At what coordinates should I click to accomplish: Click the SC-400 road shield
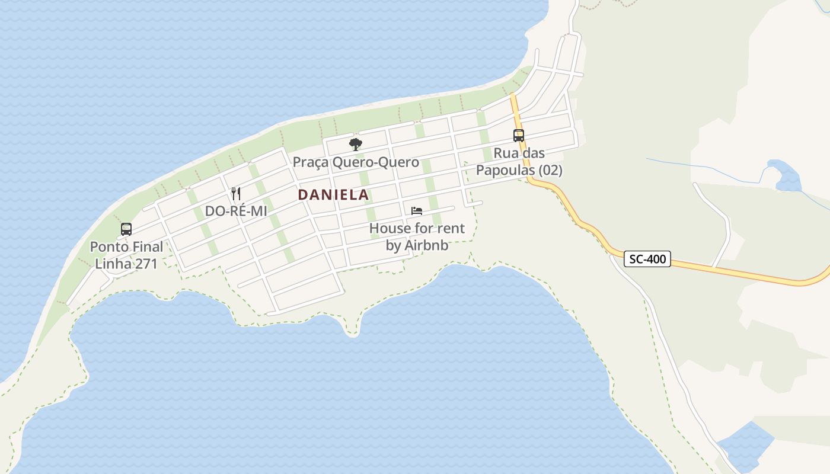coord(647,259)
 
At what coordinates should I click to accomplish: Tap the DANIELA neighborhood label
coord(333,194)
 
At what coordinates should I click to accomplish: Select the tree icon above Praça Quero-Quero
coord(356,144)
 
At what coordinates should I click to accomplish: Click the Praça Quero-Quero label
coord(356,162)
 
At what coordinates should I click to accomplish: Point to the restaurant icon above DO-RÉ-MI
coord(236,193)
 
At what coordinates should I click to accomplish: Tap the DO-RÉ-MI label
coord(236,211)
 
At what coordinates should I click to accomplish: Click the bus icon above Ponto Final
coord(126,229)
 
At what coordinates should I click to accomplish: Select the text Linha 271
coord(126,264)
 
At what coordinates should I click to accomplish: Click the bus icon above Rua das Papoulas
coord(519,136)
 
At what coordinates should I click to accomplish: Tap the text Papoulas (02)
coord(519,171)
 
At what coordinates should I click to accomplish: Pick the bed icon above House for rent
coord(417,211)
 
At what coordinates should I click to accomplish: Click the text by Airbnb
coord(417,245)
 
